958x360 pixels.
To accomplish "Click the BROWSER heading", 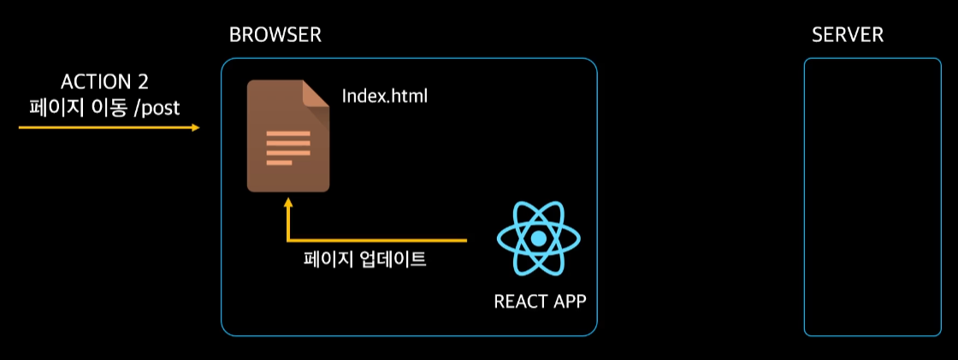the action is click(275, 36).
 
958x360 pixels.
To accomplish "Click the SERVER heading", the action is click(847, 36).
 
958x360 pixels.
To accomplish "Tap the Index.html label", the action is click(384, 96).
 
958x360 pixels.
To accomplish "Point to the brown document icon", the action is click(287, 137).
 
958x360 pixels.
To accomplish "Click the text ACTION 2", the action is click(104, 82).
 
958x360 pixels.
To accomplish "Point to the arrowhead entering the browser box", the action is click(195, 128).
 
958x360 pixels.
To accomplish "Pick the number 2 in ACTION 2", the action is click(141, 82).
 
